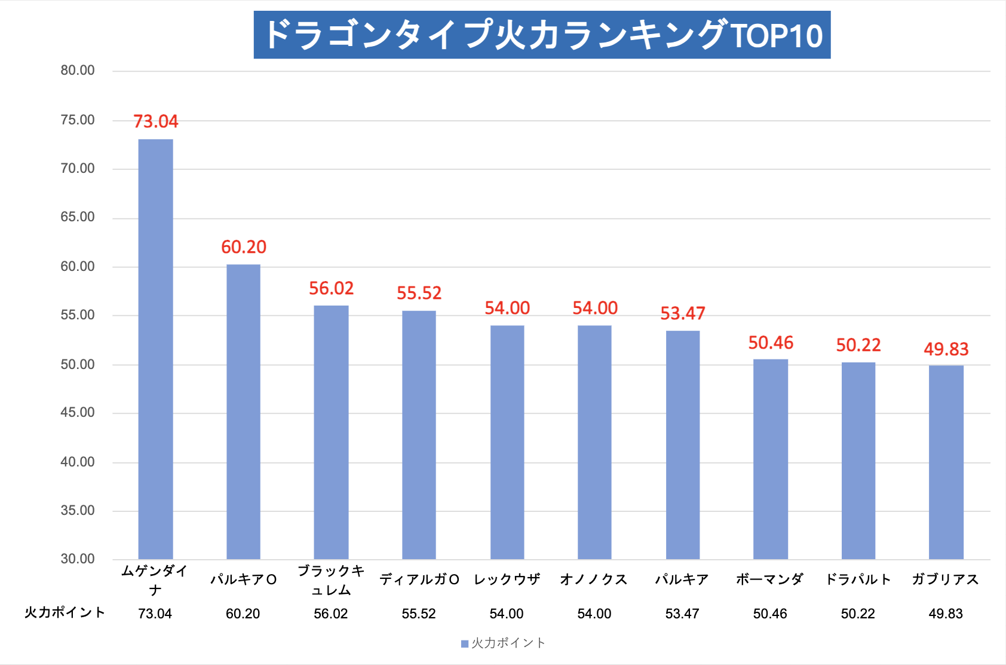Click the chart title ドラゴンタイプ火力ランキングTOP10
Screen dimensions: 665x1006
point(542,35)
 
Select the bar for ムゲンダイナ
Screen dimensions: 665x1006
point(155,349)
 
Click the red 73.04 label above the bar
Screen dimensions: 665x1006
point(155,121)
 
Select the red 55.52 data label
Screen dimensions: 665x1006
point(419,293)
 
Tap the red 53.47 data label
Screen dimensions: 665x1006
point(682,313)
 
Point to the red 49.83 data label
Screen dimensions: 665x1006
point(946,349)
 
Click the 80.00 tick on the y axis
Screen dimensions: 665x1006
point(78,71)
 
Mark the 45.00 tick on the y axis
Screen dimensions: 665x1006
point(78,413)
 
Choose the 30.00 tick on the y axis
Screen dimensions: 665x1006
point(78,559)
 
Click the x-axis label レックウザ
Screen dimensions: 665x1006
point(507,579)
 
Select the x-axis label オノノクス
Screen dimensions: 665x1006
point(594,579)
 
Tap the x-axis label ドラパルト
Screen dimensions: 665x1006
point(858,579)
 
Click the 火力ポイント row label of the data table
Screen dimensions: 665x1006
point(65,613)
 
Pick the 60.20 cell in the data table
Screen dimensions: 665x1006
point(243,614)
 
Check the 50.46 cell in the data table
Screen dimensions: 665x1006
point(770,614)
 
